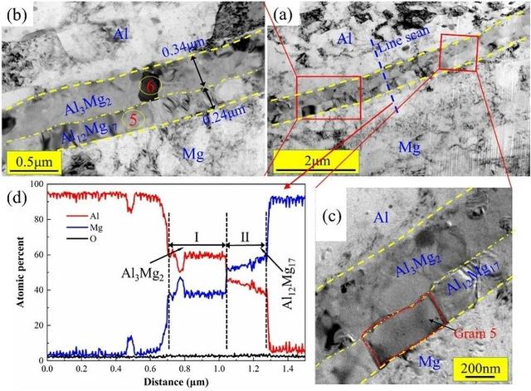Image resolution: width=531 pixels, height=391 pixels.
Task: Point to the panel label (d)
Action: (17, 198)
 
